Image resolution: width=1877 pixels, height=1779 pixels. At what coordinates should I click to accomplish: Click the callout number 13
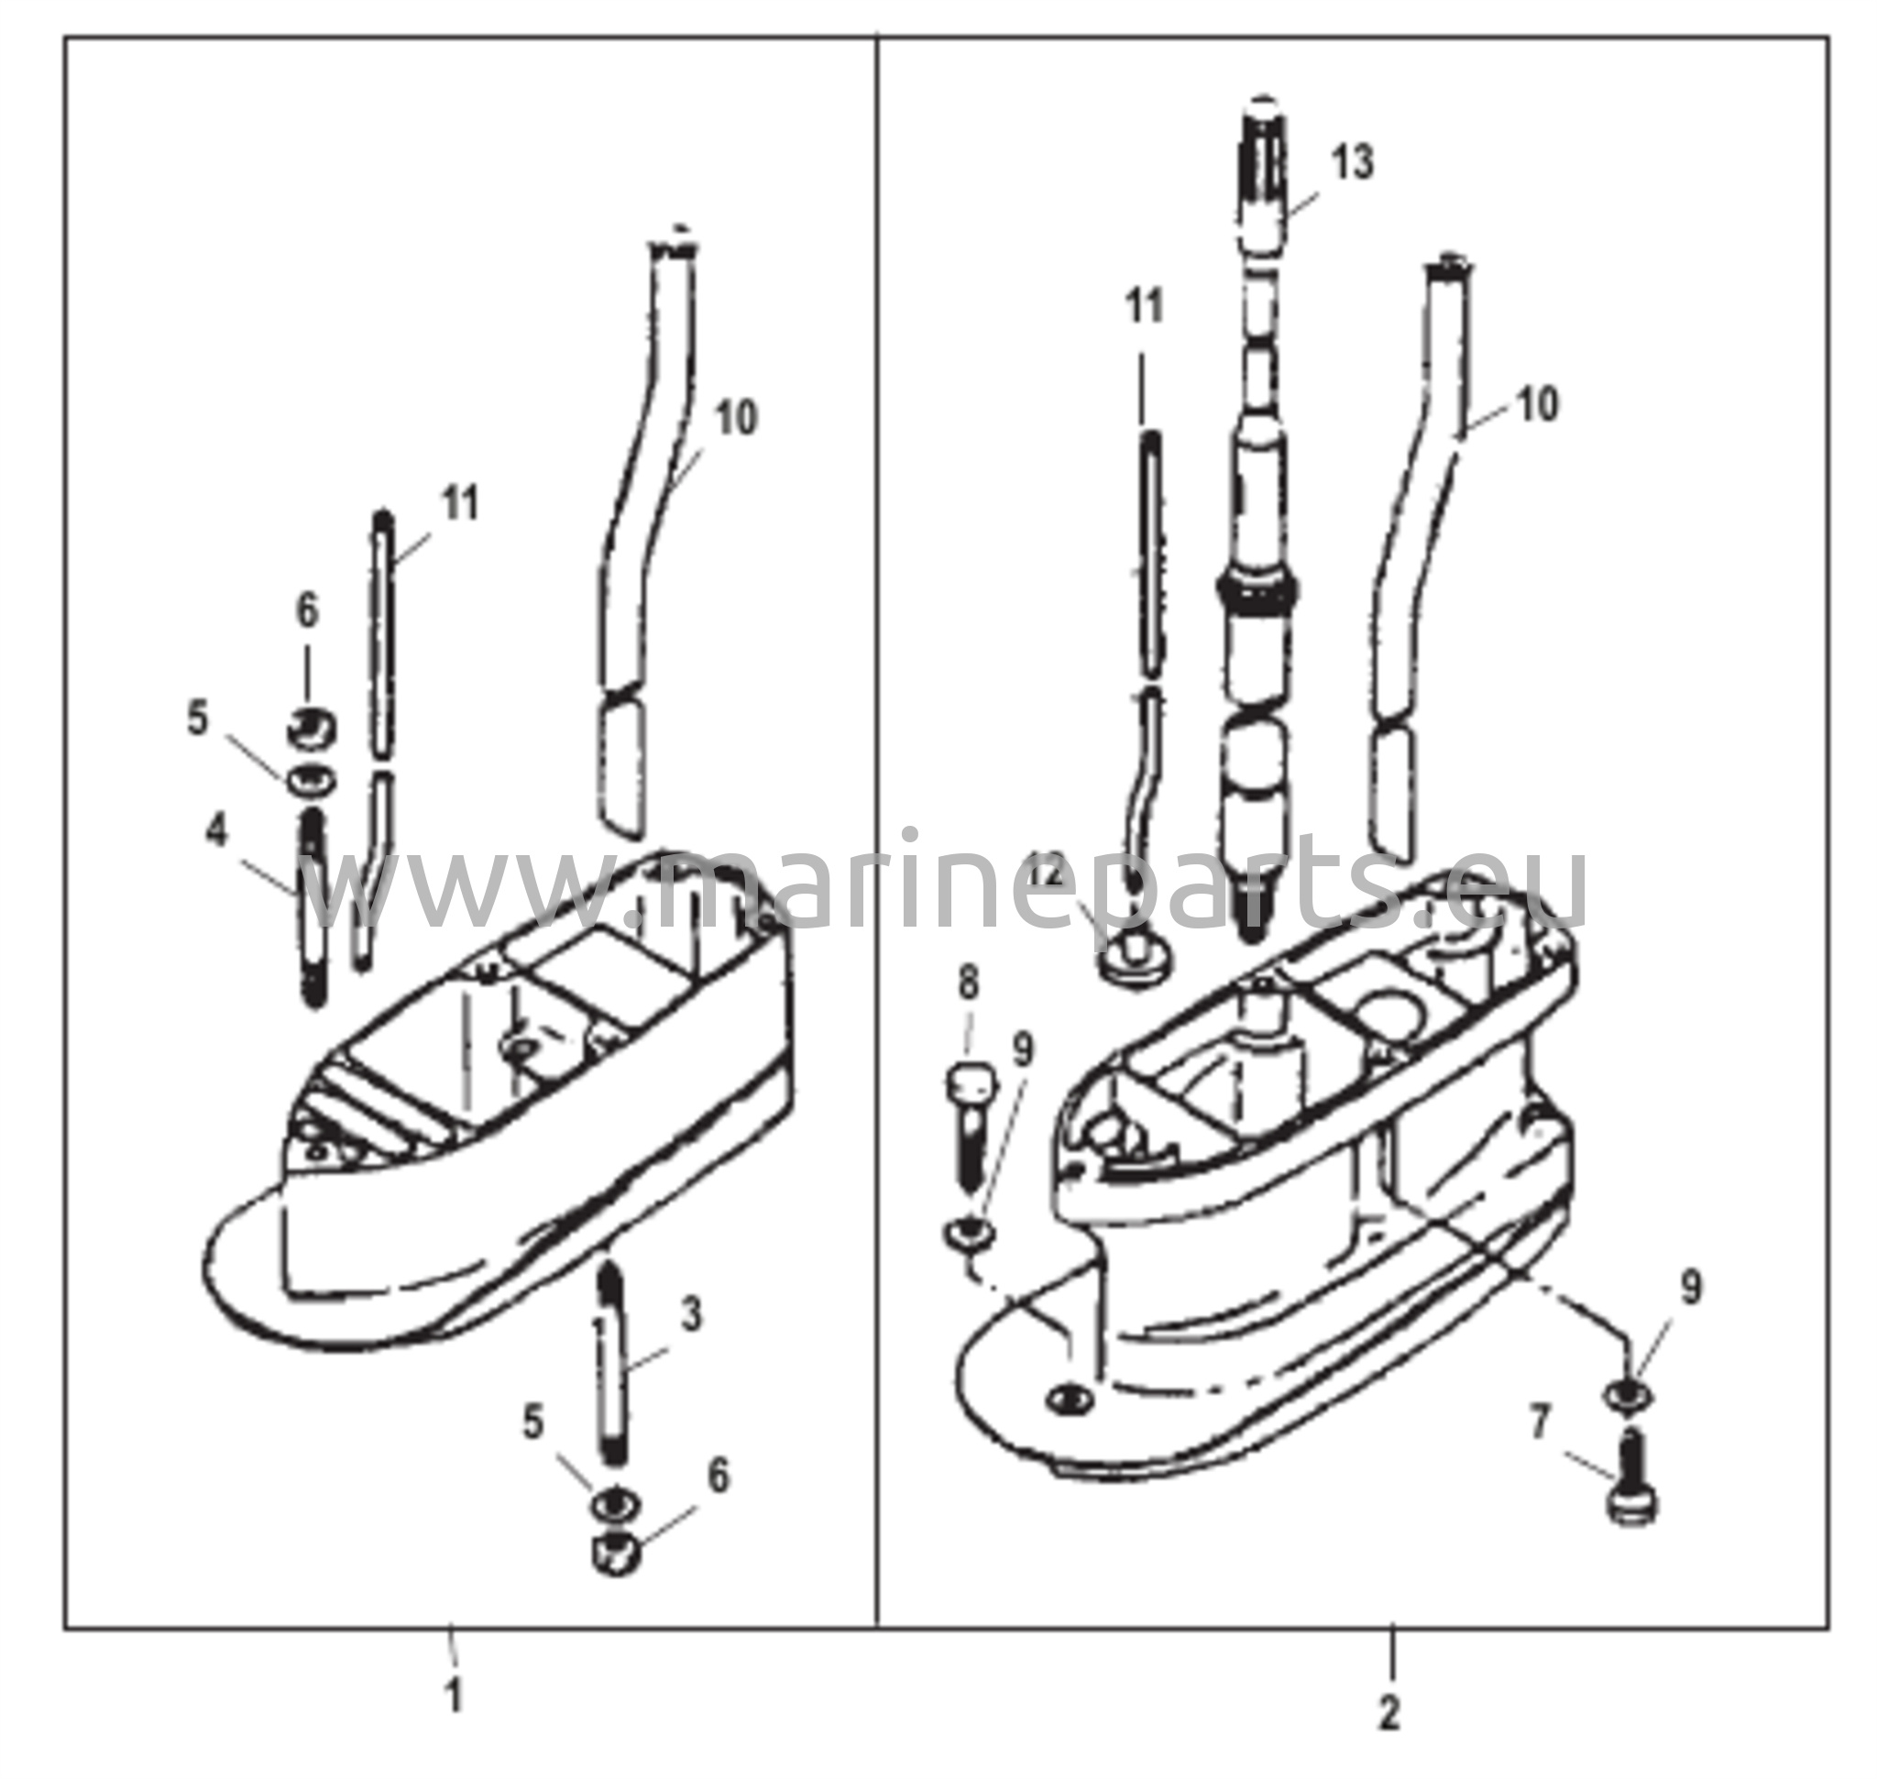click(x=1352, y=162)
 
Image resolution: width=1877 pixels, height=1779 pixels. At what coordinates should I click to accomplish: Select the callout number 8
click(x=968, y=983)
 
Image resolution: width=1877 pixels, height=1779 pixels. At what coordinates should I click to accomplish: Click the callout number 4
click(x=217, y=831)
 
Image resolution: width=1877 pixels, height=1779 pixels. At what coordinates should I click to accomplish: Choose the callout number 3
click(x=691, y=1315)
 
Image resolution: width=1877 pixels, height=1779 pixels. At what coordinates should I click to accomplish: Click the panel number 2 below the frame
click(x=1389, y=1713)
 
